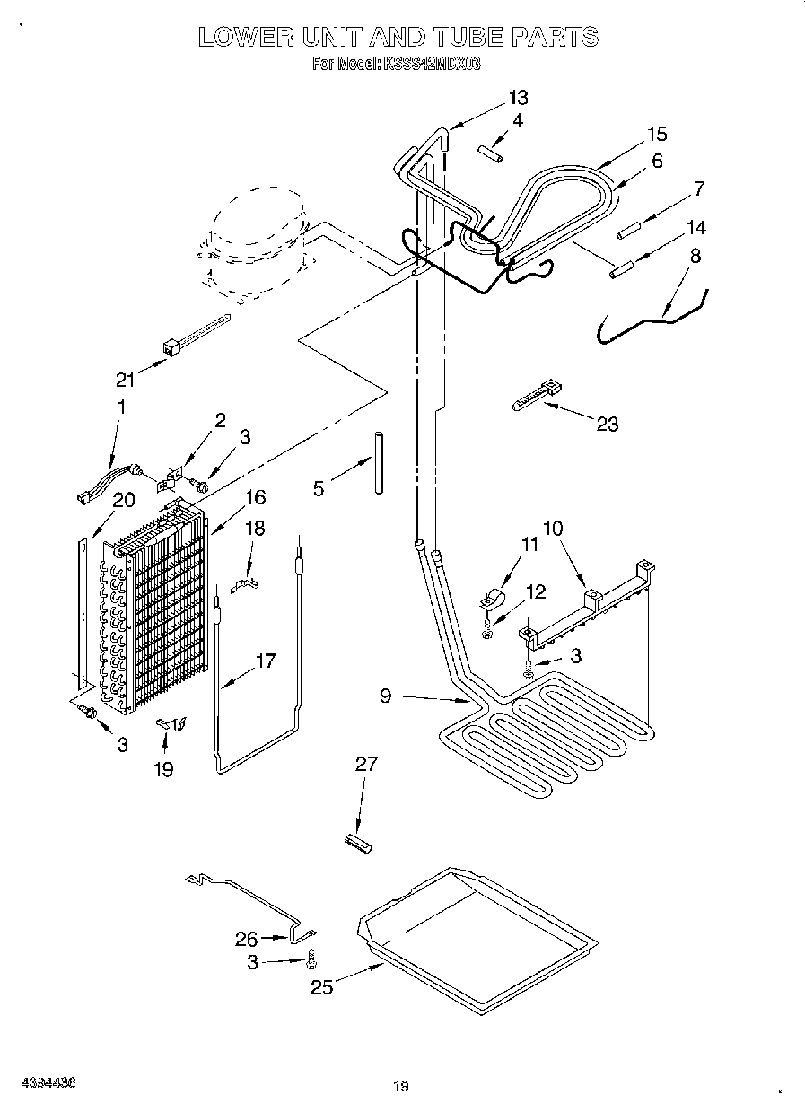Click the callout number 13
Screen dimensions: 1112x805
coord(518,98)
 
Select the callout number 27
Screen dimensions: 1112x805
coord(366,765)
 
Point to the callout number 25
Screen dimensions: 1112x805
coord(321,986)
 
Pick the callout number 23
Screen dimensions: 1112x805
coord(608,424)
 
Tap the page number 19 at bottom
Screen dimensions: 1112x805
coord(400,1087)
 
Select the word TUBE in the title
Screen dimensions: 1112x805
coord(472,37)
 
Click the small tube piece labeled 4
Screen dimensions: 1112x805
coord(489,153)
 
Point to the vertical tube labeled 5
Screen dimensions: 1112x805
coord(380,461)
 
